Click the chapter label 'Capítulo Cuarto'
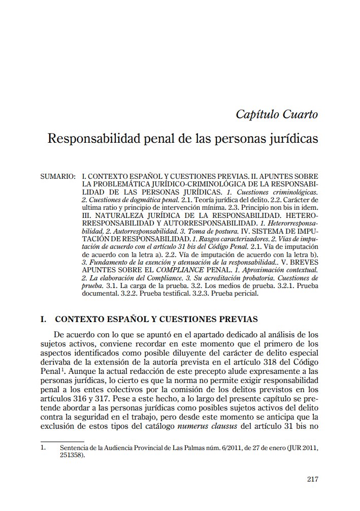coord(277,114)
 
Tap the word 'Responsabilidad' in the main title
coord(90,139)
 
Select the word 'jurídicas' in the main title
coord(294,139)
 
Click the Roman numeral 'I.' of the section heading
coord(44,320)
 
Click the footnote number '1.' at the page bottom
coord(43,449)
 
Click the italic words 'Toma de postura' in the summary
coord(165,231)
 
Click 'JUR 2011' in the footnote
coord(303,449)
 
